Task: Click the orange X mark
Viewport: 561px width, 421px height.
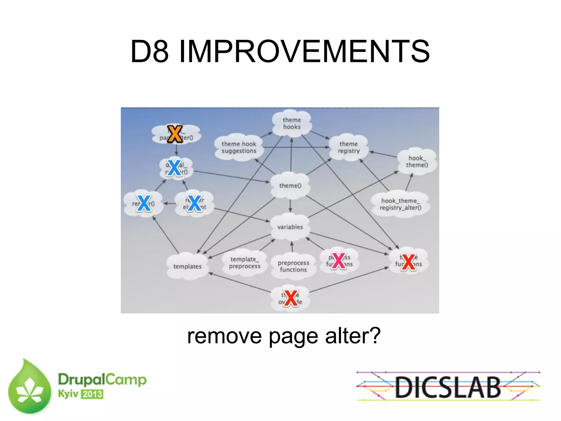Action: pyautogui.click(x=175, y=134)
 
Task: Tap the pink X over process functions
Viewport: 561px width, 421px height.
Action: pyautogui.click(x=339, y=261)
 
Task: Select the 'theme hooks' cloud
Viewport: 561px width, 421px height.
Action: pyautogui.click(x=292, y=123)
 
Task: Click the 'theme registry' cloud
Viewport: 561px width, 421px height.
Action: pyautogui.click(x=348, y=147)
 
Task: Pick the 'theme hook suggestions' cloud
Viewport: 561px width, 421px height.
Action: pyautogui.click(x=239, y=147)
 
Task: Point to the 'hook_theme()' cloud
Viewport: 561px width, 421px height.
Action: pyautogui.click(x=417, y=161)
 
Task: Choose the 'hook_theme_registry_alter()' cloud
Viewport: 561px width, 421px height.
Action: pyautogui.click(x=400, y=204)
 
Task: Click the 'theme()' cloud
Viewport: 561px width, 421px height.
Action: pyautogui.click(x=290, y=186)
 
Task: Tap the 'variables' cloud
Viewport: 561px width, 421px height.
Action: pyautogui.click(x=290, y=227)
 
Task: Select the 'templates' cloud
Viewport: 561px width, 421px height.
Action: pyautogui.click(x=187, y=266)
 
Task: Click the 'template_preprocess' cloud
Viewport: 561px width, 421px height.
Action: pyautogui.click(x=245, y=263)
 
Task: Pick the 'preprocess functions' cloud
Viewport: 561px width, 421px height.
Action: pyautogui.click(x=293, y=266)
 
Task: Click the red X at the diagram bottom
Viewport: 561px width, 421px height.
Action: pyautogui.click(x=291, y=298)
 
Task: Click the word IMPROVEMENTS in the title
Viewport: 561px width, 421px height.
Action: pyautogui.click(x=304, y=51)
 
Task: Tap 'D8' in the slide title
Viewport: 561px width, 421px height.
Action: pyautogui.click(x=149, y=51)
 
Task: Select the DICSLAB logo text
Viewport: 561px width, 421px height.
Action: pyautogui.click(x=448, y=387)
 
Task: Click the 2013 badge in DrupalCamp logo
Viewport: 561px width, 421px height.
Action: pyautogui.click(x=92, y=394)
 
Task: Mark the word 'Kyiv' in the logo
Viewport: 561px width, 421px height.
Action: pyautogui.click(x=68, y=394)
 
